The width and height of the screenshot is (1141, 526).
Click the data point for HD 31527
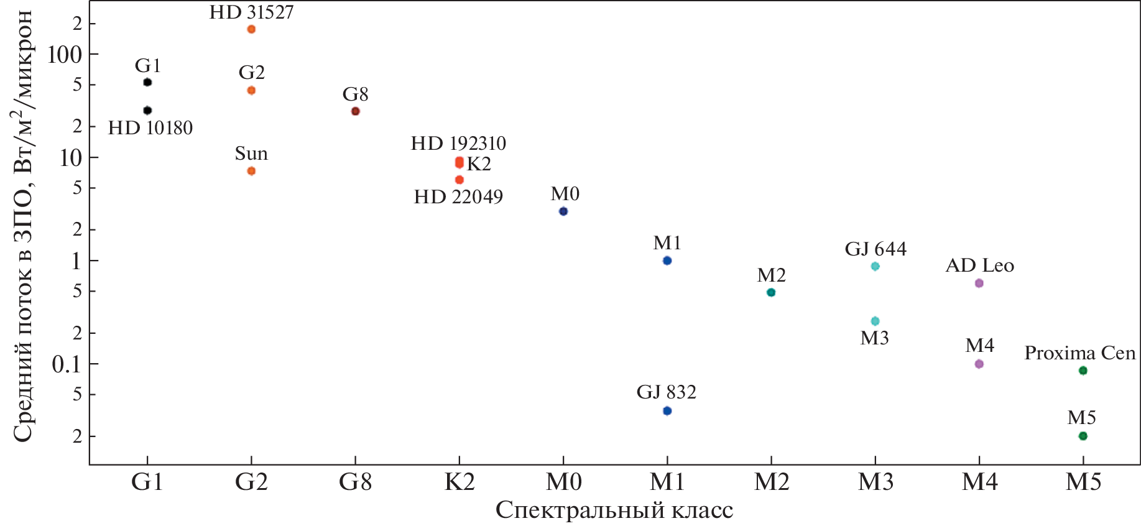click(251, 29)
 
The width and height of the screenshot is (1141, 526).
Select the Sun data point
click(251, 171)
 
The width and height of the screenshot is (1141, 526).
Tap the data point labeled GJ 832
click(667, 411)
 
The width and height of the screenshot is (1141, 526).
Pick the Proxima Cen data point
click(1083, 371)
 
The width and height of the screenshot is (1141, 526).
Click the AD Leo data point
click(979, 284)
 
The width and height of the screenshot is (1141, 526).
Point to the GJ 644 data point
click(875, 267)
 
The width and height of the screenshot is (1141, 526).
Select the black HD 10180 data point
click(147, 111)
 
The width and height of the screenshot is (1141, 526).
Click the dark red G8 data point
click(355, 111)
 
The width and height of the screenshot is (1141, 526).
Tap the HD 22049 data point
click(460, 180)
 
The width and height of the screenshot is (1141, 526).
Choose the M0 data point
click(563, 211)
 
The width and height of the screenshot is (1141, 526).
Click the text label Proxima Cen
click(1079, 353)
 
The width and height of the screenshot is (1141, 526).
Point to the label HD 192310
click(458, 144)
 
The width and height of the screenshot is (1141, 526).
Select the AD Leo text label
click(979, 265)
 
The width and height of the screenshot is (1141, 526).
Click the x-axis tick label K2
click(460, 482)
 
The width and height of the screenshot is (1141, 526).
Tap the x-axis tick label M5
click(1083, 482)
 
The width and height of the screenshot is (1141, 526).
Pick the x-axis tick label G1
click(147, 482)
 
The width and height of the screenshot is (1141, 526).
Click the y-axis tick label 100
click(65, 55)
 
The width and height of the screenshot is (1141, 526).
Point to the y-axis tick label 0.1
click(67, 364)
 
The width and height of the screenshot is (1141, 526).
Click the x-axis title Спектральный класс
click(614, 510)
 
